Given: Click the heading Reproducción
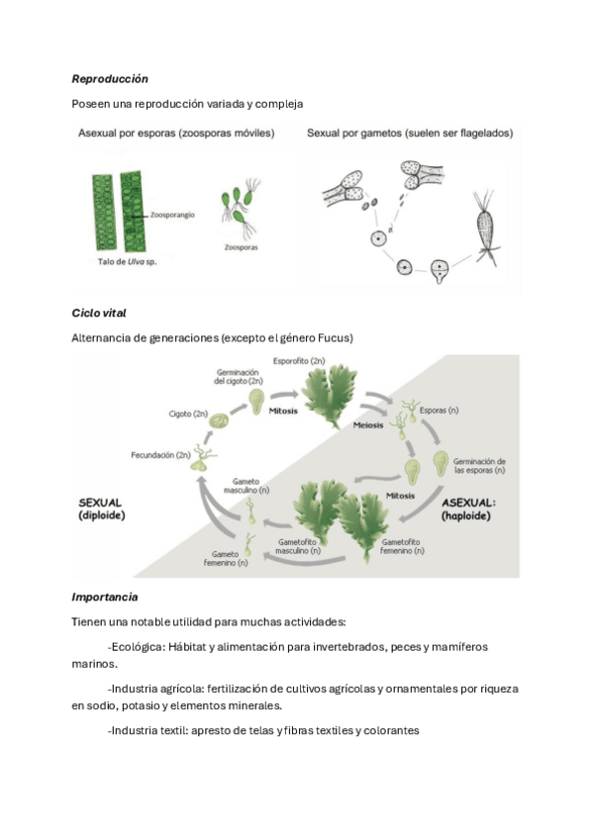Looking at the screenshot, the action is point(110,79).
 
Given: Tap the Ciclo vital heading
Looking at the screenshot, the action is point(99,313).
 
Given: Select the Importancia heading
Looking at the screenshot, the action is point(105,598).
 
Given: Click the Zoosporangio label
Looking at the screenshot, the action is point(172,215).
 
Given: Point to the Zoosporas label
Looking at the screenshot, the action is point(241,247).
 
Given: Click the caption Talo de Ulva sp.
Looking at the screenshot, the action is point(128,262).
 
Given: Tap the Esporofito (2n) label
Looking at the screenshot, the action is point(299,361).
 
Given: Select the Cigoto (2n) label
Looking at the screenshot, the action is point(188,414).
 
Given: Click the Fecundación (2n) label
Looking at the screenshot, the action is point(160,455).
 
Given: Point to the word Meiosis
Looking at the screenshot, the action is point(368,425).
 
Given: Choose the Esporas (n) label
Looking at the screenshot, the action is point(439,411).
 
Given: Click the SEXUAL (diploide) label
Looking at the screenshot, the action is point(102,509).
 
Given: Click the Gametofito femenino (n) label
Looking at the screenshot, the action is point(402,546).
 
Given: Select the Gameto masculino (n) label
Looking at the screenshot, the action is point(247,486).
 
